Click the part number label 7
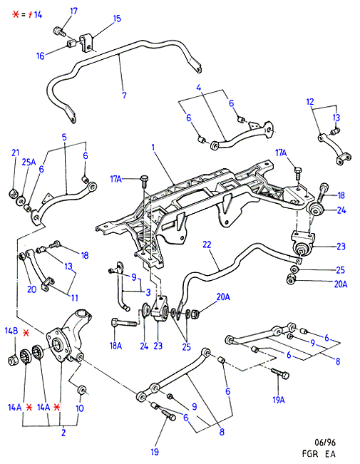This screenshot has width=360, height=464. click(x=124, y=96)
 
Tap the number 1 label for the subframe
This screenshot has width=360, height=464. click(x=153, y=147)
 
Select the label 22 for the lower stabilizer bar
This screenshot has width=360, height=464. click(x=207, y=244)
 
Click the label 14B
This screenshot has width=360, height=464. click(x=11, y=331)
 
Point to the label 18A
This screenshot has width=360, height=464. click(x=115, y=346)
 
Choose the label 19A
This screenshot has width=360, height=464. click(x=279, y=400)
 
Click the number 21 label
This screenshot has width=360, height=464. click(x=16, y=153)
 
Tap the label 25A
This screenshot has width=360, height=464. click(x=29, y=162)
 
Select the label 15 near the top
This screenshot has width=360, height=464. click(x=117, y=19)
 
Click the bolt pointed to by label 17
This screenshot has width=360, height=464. click(x=60, y=31)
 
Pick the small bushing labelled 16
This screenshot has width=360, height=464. click(x=71, y=44)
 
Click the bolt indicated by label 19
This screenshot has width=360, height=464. click(x=168, y=415)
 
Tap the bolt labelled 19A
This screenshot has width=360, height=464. click(x=280, y=373)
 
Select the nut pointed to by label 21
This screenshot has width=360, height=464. click(x=14, y=194)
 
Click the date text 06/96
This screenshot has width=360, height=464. click(x=325, y=443)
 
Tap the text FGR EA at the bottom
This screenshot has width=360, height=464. click(x=319, y=453)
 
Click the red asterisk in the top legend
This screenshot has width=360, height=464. click(x=16, y=14)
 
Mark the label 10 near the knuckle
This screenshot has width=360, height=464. click(x=80, y=408)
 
